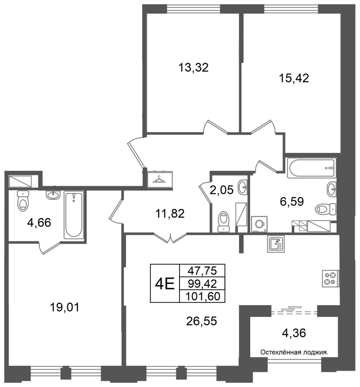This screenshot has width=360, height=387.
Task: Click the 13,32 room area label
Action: [x=194, y=67]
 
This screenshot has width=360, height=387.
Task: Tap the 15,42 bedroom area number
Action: [x=294, y=78]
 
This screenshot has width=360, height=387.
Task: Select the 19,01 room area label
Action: [x=64, y=308]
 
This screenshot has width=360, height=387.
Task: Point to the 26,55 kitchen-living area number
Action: [x=201, y=321]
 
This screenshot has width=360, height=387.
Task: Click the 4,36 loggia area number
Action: [x=294, y=333]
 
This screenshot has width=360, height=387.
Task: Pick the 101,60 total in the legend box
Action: [x=202, y=296]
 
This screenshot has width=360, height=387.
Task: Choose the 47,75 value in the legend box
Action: [x=202, y=271]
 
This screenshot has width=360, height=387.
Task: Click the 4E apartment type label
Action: [x=165, y=284]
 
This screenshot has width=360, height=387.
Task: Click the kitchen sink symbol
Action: [x=276, y=244]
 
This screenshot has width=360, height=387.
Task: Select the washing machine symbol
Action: [x=259, y=224]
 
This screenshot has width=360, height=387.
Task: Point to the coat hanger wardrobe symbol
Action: [x=160, y=180]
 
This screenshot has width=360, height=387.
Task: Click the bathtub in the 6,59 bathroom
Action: [x=312, y=168]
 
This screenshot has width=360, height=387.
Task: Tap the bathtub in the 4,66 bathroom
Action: [x=74, y=215]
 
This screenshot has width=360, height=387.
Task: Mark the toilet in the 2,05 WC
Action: [x=224, y=222]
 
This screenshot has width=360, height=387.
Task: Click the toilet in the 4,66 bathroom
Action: [x=23, y=200]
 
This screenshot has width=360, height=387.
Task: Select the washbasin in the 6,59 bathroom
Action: [x=331, y=189]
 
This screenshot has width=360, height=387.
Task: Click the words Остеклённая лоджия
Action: [x=294, y=352]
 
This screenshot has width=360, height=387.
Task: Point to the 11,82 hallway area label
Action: [x=170, y=213]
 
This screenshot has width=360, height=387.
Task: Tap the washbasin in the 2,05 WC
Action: [x=242, y=187]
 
